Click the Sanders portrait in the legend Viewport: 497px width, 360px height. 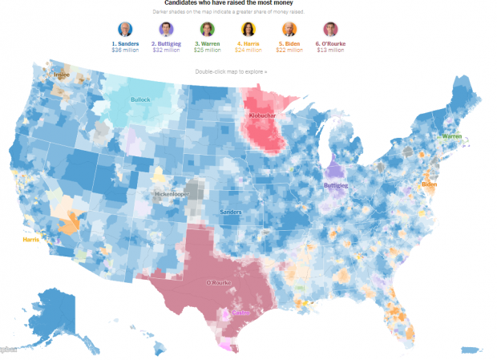[x=125, y=30]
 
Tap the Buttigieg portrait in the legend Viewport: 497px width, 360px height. [x=166, y=30]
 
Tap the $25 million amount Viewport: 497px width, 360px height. [x=208, y=50]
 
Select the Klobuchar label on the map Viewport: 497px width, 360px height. [x=265, y=116]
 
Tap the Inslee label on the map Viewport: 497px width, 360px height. [x=62, y=75]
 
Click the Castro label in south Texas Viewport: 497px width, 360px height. [x=240, y=313]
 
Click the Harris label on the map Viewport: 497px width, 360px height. [x=31, y=240]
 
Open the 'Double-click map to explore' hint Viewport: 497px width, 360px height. [x=231, y=72]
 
